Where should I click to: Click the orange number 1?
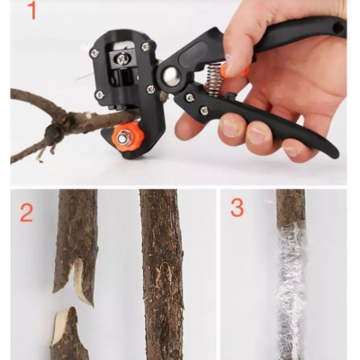(31, 11)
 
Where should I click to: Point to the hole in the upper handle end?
(337, 27)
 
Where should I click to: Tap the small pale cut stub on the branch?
(87, 115)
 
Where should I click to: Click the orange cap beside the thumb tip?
(243, 70)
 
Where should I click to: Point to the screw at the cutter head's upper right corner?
(146, 46)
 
